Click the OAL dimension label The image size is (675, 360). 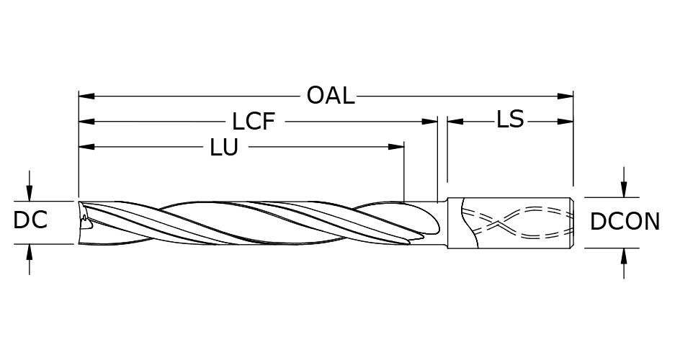tap(331, 95)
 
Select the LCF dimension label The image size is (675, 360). tap(254, 121)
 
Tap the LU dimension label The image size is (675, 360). tap(224, 148)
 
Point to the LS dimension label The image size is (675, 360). tap(510, 120)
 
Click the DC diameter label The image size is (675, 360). tap(30, 220)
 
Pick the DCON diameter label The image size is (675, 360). tap(625, 222)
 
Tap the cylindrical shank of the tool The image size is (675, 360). tap(511, 222)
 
